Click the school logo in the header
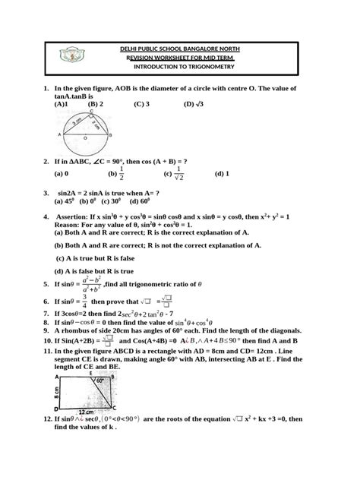[70, 58]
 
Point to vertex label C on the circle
[91, 111]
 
